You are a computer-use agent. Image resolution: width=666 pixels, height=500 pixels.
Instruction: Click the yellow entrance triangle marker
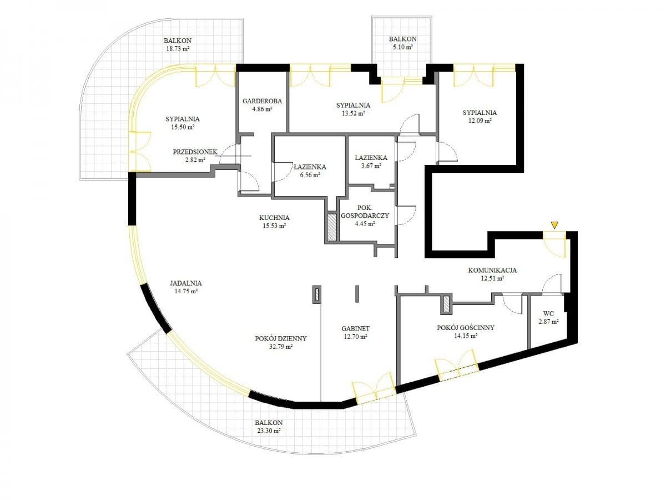click(x=554, y=225)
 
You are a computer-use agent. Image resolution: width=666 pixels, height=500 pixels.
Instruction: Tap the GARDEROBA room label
click(x=262, y=101)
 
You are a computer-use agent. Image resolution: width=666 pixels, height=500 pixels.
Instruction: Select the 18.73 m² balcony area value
click(x=178, y=48)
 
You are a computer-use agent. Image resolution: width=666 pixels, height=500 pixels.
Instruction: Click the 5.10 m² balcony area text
click(x=402, y=47)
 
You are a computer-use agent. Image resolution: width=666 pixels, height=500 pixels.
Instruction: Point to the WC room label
click(x=549, y=313)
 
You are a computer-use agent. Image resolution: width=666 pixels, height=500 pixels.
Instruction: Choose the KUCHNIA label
click(x=274, y=218)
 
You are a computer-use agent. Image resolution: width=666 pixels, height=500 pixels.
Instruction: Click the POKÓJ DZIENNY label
click(x=281, y=338)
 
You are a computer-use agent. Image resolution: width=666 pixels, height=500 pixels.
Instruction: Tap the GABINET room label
click(x=356, y=328)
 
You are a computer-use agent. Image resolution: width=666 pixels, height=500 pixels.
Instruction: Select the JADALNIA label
click(x=186, y=283)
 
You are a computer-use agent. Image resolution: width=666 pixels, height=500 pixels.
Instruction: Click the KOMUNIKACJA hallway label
click(x=492, y=270)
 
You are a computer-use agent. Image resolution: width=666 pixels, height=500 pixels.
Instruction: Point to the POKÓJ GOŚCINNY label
click(x=466, y=328)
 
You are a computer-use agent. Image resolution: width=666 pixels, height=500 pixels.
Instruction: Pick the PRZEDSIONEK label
click(x=195, y=152)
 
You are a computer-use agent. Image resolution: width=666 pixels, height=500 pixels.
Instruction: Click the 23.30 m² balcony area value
click(x=268, y=431)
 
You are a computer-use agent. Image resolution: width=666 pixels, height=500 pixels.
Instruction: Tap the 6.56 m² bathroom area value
click(x=310, y=175)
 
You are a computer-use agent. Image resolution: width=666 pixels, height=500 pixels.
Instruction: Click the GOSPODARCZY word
click(x=365, y=216)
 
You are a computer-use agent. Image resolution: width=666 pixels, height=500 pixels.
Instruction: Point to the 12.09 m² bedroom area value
click(x=480, y=121)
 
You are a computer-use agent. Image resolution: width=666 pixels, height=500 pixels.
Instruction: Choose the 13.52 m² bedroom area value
click(x=353, y=113)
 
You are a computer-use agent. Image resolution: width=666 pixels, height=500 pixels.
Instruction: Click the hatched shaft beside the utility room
click(x=332, y=228)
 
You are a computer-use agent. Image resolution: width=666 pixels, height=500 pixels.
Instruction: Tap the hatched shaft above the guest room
click(x=446, y=304)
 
